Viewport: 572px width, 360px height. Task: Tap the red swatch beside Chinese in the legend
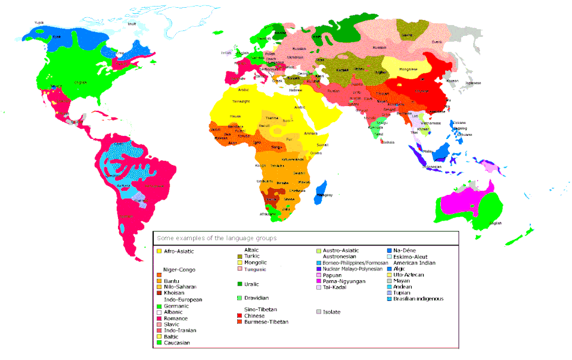[x=240, y=315]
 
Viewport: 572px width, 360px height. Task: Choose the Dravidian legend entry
[x=256, y=297]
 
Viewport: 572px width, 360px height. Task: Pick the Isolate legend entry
[x=331, y=312]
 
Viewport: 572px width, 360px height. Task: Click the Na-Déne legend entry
[x=406, y=250]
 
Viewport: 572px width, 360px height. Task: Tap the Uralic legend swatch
[x=240, y=284]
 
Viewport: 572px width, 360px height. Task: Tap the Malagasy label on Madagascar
[x=325, y=195]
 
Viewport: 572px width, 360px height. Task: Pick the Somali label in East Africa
[x=322, y=145]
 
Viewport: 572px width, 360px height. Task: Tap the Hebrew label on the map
[x=296, y=90]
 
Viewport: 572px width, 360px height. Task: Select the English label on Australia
[x=496, y=223]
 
